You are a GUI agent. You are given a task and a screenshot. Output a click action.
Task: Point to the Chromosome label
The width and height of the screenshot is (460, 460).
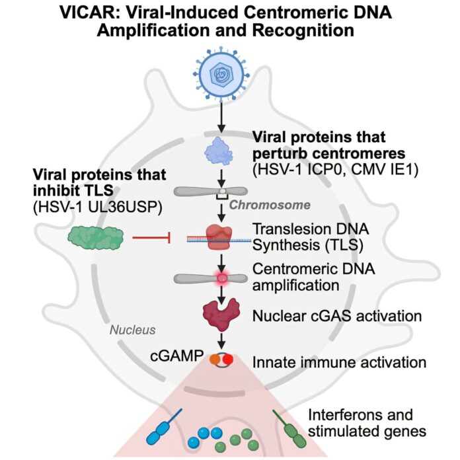269,205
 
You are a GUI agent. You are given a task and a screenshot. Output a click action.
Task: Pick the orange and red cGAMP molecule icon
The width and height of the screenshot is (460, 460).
223,361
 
